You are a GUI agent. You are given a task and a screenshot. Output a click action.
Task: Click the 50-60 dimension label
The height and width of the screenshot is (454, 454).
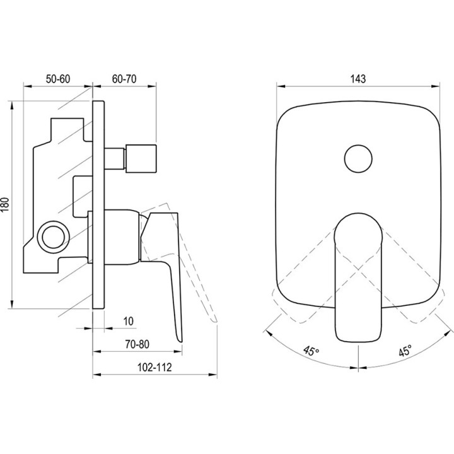tap(58, 79)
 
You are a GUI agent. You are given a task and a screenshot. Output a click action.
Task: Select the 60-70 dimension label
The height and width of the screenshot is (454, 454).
tap(124, 79)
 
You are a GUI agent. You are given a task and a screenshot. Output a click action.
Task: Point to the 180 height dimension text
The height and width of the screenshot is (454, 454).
tap(6, 204)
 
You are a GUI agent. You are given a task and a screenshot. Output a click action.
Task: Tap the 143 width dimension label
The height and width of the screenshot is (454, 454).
tap(358, 79)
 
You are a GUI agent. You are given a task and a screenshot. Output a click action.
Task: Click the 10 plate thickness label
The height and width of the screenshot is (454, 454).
tap(128, 321)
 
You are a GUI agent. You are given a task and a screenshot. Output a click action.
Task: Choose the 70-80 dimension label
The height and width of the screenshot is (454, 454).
tap(137, 344)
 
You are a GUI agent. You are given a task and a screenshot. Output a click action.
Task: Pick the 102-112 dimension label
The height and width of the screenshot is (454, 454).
tap(154, 367)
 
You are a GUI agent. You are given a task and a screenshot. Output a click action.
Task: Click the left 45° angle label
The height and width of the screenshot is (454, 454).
tap(311, 351)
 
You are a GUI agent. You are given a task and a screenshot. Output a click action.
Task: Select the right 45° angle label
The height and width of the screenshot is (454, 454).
tap(405, 351)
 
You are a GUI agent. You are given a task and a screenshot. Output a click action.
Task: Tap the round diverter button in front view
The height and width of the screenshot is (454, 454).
tap(358, 159)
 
